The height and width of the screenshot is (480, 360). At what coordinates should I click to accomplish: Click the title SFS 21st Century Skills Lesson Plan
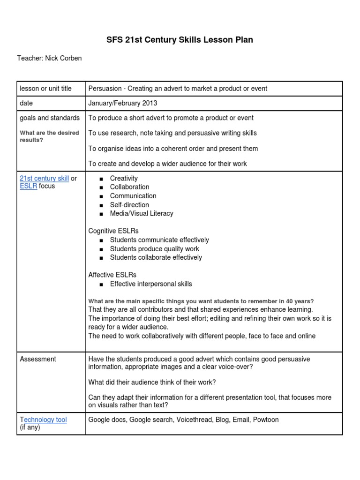coord(180,40)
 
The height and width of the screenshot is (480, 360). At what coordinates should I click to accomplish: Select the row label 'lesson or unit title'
coord(45,89)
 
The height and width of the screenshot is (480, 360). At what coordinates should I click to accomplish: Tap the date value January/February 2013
coord(123,103)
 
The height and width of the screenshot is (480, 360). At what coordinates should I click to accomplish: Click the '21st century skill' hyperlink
coord(44,178)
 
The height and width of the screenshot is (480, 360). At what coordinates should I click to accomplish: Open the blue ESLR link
coord(28,186)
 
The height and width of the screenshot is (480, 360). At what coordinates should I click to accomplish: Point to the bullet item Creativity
coord(124,178)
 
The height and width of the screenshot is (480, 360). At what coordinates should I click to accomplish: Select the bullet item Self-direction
coord(129,205)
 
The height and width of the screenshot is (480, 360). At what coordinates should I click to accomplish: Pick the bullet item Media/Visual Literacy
coord(141,213)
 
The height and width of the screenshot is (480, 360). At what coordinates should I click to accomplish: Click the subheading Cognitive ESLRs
coord(113,231)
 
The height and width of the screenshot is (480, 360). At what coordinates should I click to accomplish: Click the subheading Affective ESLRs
coord(112,275)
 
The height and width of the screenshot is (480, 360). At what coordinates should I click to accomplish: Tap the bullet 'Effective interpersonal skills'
coord(150,284)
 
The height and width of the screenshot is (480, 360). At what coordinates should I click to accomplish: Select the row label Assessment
coord(38,359)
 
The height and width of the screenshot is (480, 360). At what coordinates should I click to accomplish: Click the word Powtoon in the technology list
coord(266,420)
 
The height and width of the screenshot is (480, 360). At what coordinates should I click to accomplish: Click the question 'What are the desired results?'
coord(49,136)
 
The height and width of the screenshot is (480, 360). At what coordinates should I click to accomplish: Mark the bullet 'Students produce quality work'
coord(154,249)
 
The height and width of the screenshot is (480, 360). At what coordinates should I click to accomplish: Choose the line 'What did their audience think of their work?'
coord(152,382)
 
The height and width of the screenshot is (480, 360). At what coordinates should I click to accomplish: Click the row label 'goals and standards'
coord(50,118)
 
